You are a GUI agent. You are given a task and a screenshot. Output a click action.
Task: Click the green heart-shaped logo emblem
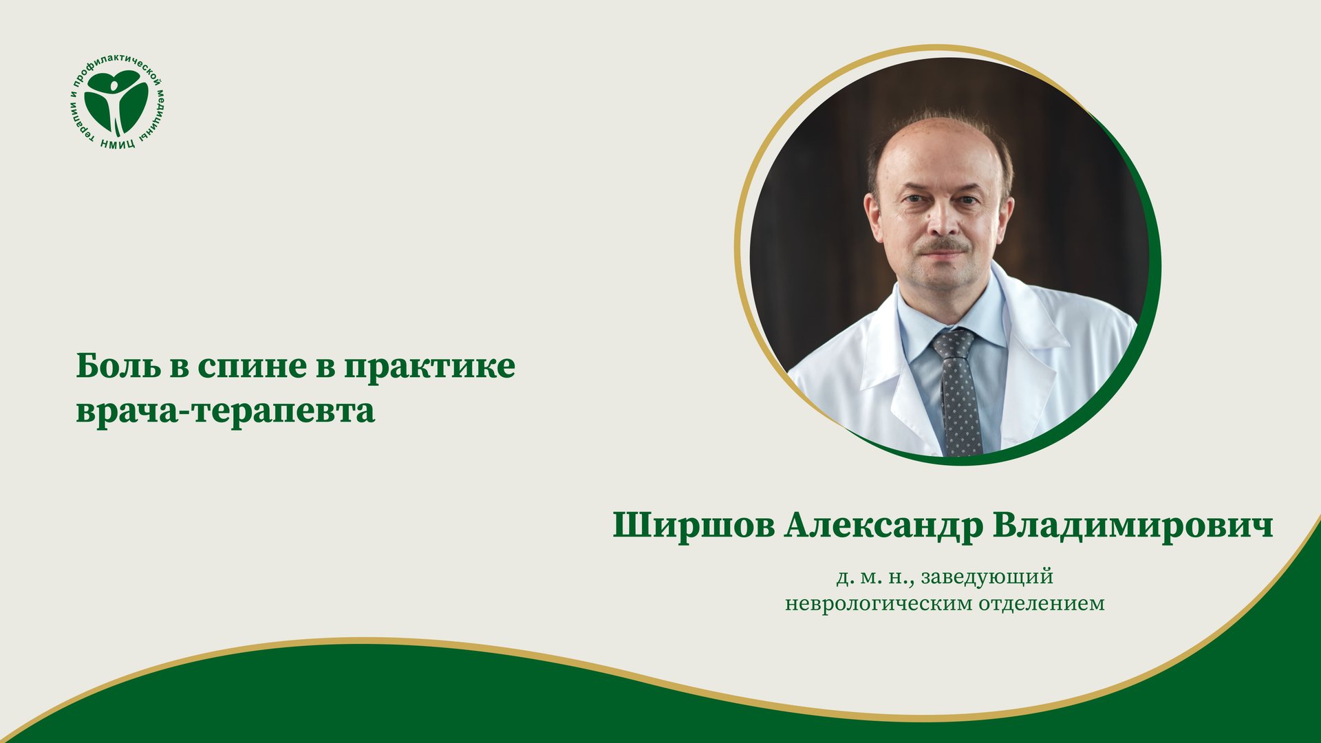click(116, 101)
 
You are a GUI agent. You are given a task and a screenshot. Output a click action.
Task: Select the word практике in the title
click(429, 367)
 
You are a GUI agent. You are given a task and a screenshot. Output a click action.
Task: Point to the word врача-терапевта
click(225, 411)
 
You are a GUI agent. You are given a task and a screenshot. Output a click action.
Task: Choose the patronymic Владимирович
click(1132, 526)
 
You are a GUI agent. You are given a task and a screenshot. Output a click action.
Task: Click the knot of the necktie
click(954, 342)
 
